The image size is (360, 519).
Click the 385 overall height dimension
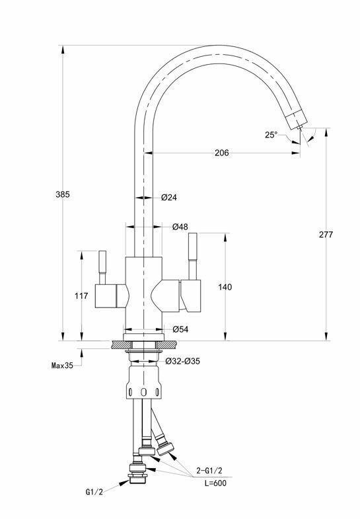pyautogui.click(x=63, y=194)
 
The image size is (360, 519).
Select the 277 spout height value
pyautogui.click(x=326, y=234)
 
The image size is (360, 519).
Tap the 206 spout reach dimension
pyautogui.click(x=222, y=153)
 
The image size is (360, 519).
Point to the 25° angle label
pyautogui.click(x=271, y=135)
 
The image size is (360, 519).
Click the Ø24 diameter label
pyautogui.click(x=169, y=198)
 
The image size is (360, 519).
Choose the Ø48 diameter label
pyautogui.click(x=180, y=227)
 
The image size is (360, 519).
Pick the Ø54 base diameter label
pyautogui.click(x=180, y=329)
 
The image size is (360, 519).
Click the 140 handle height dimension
pyautogui.click(x=225, y=287)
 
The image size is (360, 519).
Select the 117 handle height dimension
pyautogui.click(x=81, y=296)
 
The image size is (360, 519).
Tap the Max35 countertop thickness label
pyautogui.click(x=62, y=366)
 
